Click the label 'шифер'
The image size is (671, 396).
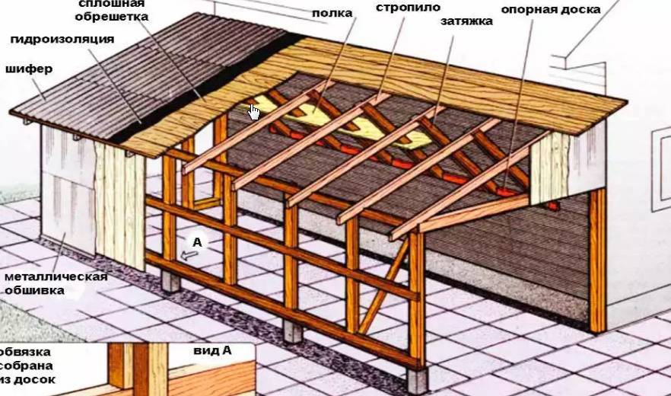(x=30, y=69)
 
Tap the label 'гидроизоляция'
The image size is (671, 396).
(x=62, y=39)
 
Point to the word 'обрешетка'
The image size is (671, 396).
(x=112, y=16)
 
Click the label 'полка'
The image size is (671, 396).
(x=332, y=12)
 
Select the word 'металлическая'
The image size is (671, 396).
(x=56, y=276)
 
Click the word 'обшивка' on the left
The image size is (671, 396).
(x=34, y=289)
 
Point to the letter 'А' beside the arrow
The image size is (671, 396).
(x=197, y=241)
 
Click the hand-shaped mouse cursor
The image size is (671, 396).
(x=254, y=112)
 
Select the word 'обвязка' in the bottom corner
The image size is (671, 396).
(x=26, y=353)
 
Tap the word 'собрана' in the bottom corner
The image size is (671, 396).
(x=27, y=366)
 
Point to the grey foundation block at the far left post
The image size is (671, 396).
(x=170, y=282)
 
